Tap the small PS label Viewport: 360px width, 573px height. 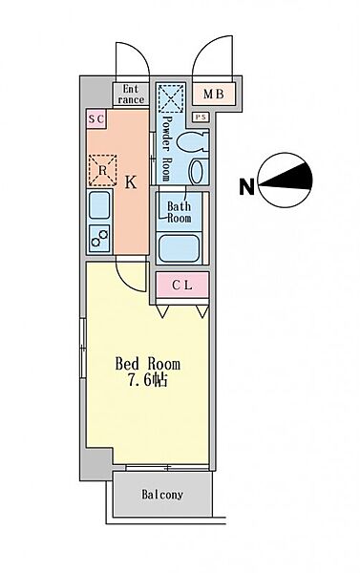pyautogui.click(x=201, y=117)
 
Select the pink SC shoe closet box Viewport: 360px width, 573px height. pyautogui.click(x=95, y=118)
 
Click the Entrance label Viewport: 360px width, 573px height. pyautogui.click(x=130, y=94)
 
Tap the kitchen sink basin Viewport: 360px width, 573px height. pyautogui.click(x=97, y=206)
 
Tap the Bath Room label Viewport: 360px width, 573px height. pyautogui.click(x=180, y=211)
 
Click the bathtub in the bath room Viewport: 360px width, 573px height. pyautogui.click(x=180, y=247)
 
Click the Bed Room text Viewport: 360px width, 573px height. pyautogui.click(x=147, y=364)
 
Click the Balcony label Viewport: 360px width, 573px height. pyautogui.click(x=163, y=495)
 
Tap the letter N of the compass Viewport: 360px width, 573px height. pyautogui.click(x=246, y=187)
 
